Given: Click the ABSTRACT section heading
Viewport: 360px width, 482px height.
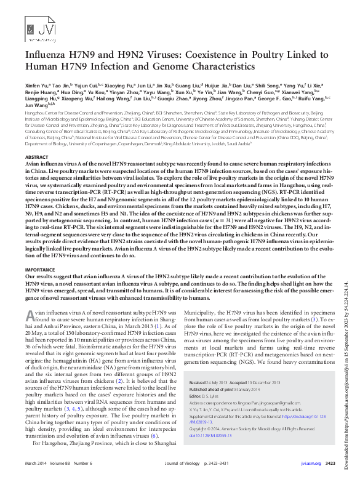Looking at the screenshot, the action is point(36,157).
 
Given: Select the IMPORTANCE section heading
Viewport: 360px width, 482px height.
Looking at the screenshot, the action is point(40,270).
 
